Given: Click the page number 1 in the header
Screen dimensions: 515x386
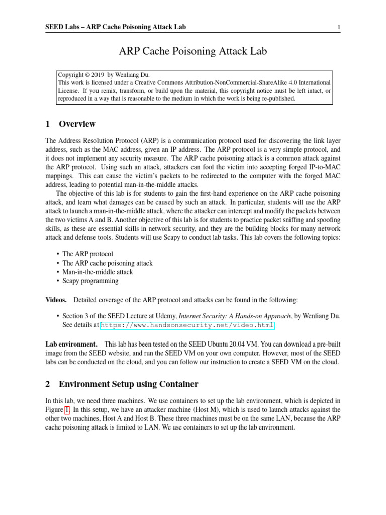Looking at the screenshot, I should [339, 27].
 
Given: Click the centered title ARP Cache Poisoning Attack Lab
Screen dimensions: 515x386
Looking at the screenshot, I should [192, 51].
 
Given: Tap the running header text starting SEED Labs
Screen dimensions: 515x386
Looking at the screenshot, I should [119, 27].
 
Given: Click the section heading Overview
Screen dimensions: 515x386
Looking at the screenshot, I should [77, 124].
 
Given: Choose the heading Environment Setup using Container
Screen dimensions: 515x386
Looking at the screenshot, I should [128, 384].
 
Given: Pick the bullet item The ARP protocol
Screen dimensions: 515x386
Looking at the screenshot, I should [87, 254].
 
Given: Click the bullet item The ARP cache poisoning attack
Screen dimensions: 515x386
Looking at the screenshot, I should [107, 263].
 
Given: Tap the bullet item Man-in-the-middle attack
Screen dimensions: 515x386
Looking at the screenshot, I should [98, 272].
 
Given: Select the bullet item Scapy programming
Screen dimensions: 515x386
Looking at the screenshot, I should [90, 281].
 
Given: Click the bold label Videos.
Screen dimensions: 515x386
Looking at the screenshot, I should [56, 300].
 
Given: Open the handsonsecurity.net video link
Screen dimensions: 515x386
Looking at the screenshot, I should [187, 325].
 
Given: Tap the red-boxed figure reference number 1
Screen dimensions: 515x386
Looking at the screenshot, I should [66, 409].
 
